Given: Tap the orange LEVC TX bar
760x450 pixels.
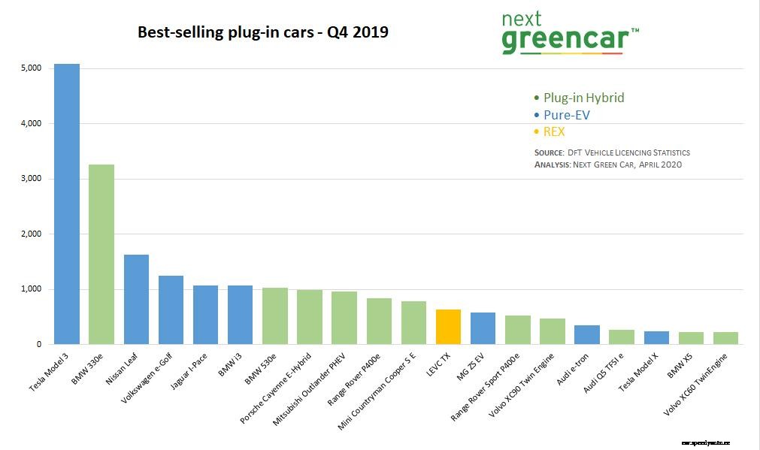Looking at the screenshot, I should [x=448, y=327].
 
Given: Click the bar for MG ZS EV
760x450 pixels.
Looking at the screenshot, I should [x=483, y=328].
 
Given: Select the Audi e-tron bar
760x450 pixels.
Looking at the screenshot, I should [x=586, y=335].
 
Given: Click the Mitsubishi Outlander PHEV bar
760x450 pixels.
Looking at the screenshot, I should [x=344, y=318].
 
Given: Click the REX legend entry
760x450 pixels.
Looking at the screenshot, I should [x=553, y=132].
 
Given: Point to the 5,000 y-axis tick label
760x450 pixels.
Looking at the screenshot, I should [x=32, y=68].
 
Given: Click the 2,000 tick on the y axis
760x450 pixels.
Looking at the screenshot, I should [x=32, y=234].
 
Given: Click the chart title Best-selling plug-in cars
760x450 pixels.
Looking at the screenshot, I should [x=262, y=33].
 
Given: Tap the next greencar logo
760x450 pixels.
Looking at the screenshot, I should [x=569, y=34].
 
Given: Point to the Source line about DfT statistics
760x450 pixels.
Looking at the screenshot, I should [x=612, y=153].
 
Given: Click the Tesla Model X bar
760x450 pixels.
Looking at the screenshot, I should [x=656, y=337].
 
